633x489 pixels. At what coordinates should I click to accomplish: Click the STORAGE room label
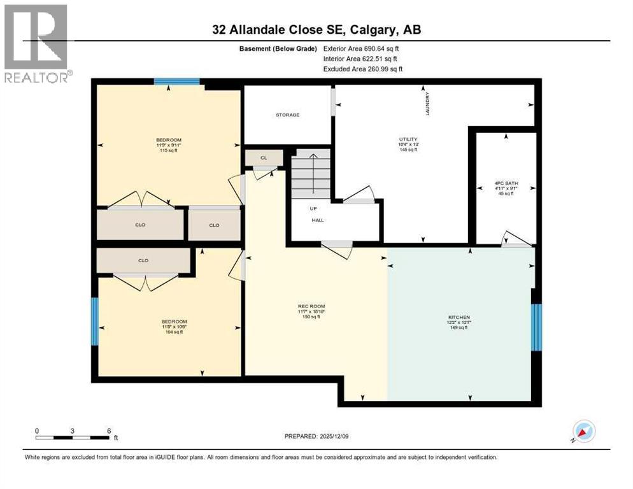point(287,115)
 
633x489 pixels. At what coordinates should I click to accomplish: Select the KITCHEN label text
point(459,317)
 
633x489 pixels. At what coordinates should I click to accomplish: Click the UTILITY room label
point(408,139)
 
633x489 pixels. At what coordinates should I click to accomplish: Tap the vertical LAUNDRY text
point(429,104)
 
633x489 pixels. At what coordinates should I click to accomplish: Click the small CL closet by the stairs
point(263,157)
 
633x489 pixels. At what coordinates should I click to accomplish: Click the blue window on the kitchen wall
point(536,327)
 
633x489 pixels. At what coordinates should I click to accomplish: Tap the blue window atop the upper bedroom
point(176,81)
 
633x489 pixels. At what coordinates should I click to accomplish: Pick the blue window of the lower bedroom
point(96,322)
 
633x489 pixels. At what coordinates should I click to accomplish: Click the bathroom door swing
point(515,239)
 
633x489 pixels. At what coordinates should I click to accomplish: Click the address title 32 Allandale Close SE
point(316,30)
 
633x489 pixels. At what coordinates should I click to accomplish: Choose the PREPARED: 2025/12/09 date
point(316,437)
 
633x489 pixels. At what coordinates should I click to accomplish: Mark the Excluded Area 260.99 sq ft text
point(363,69)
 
